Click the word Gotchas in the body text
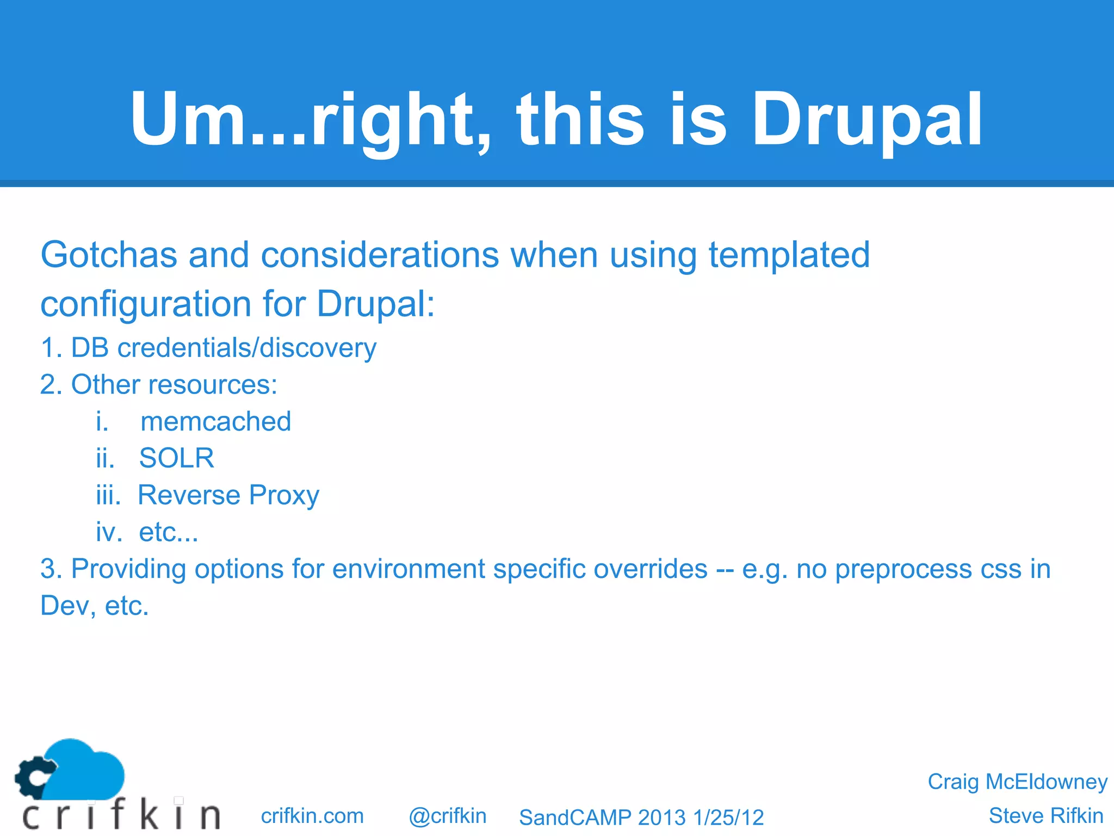coord(109,255)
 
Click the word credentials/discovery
coord(247,348)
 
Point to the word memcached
coord(216,422)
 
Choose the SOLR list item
coord(176,458)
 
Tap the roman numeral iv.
coord(108,532)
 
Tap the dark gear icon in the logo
coord(34,777)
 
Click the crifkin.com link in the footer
coord(312,816)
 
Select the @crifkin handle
coord(447,816)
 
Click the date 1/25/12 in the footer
coord(728,817)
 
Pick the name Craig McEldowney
coord(1017,782)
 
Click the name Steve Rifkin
coord(1045,816)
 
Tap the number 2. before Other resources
coord(51,385)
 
